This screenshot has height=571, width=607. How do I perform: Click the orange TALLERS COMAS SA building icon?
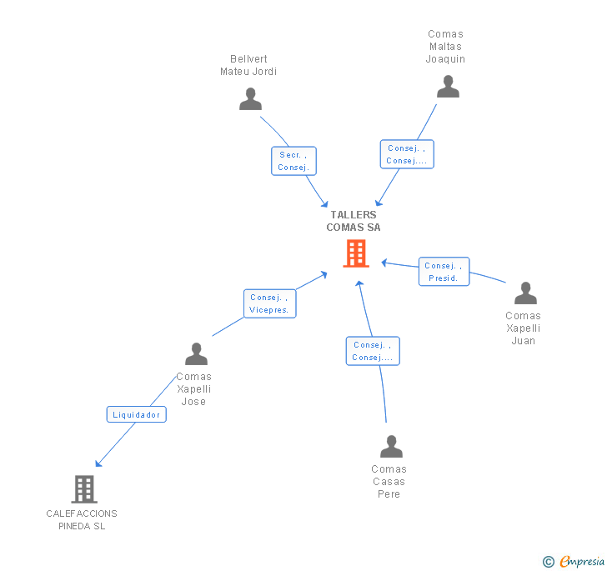pos(356,253)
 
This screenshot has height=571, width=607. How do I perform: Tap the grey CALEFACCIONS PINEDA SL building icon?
pos(83,488)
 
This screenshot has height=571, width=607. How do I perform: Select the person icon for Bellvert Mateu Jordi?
pos(250,99)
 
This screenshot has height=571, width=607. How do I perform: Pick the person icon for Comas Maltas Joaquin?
pos(448,87)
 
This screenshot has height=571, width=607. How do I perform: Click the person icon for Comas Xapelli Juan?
pos(525,293)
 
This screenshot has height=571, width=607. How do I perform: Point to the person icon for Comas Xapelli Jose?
pos(196,354)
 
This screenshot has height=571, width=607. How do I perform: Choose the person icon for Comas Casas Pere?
pos(391,447)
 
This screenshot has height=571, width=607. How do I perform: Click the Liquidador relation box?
pos(137,414)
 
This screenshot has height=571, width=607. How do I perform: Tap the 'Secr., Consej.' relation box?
pos(294,161)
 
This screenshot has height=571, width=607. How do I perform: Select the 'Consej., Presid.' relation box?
pos(444,272)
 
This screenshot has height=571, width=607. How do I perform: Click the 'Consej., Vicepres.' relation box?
pos(269,303)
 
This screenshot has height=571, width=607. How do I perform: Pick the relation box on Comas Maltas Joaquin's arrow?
pos(407,154)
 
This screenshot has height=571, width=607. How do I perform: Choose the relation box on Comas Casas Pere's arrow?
pos(373,351)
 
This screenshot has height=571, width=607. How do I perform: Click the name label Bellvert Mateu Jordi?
pos(248,65)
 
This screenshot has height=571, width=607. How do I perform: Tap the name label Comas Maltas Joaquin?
pos(445,47)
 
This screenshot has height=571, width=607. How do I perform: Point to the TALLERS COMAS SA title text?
pos(354,221)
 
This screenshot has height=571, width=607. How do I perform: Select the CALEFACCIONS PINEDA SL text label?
pos(82,519)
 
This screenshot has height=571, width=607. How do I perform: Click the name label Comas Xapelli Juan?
pos(523,328)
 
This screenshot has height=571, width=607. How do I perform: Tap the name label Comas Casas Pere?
pos(389,481)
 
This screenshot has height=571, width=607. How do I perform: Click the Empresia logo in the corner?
pos(575,561)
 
